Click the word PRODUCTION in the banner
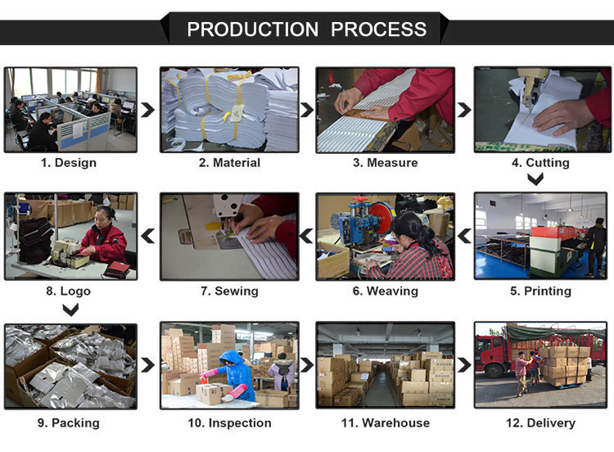(253, 29)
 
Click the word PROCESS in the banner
(379, 29)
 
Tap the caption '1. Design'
(69, 163)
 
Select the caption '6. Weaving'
(386, 291)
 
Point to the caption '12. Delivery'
(541, 423)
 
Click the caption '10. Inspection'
(229, 423)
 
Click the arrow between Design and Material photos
(147, 110)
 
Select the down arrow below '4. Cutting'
(535, 179)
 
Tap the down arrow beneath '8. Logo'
(70, 310)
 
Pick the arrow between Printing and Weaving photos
(464, 236)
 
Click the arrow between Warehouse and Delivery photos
(464, 365)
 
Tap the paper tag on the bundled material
(237, 113)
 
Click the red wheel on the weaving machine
(381, 217)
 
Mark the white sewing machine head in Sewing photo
(227, 207)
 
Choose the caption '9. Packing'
(69, 423)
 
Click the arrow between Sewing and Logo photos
(147, 236)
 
